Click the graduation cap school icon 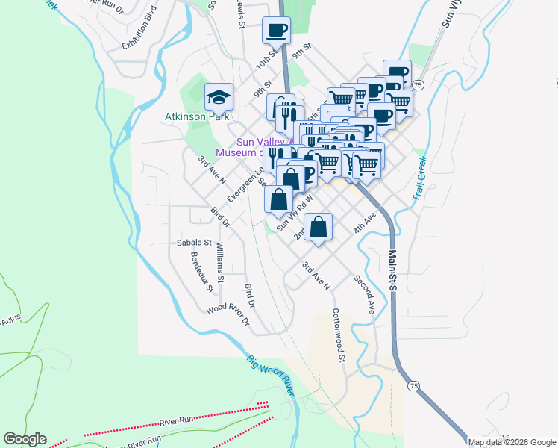click(219, 97)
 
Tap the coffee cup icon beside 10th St click(276, 31)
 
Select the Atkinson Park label click(197, 117)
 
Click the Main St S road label click(392, 273)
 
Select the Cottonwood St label click(339, 336)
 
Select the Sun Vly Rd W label click(293, 214)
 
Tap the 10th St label click(265, 60)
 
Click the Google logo click(25, 439)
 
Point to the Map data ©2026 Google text click(512, 442)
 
